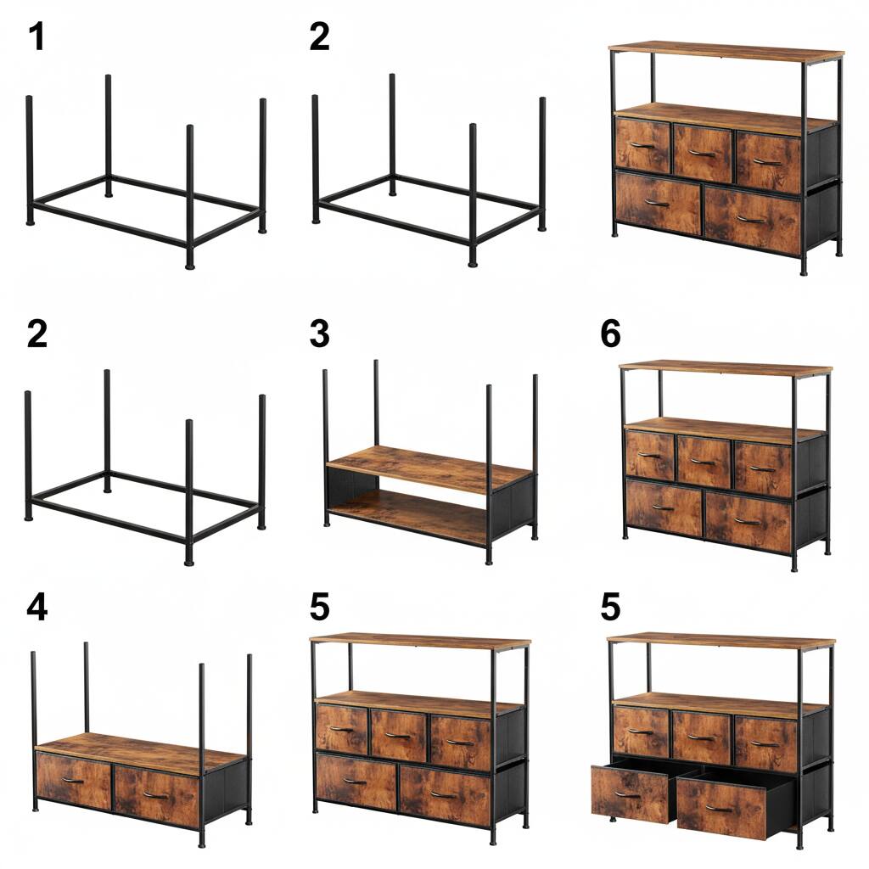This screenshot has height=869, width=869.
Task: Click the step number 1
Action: click(36, 37)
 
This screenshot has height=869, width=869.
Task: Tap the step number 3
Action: click(319, 334)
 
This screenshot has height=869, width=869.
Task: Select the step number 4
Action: click(36, 607)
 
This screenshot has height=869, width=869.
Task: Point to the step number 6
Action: click(610, 334)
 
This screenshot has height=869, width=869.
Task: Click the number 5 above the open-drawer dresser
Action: click(610, 607)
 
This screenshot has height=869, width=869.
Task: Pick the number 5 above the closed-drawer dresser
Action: click(319, 607)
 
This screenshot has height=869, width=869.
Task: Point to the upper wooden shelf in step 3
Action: click(429, 468)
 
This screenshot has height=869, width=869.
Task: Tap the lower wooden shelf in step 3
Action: click(407, 513)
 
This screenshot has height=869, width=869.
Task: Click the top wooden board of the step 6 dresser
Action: click(726, 368)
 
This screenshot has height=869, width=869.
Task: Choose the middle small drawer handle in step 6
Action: click(703, 462)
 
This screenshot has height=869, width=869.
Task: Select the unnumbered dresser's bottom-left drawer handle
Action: click(657, 203)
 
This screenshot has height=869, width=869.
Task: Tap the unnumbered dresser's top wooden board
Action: click(726, 51)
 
